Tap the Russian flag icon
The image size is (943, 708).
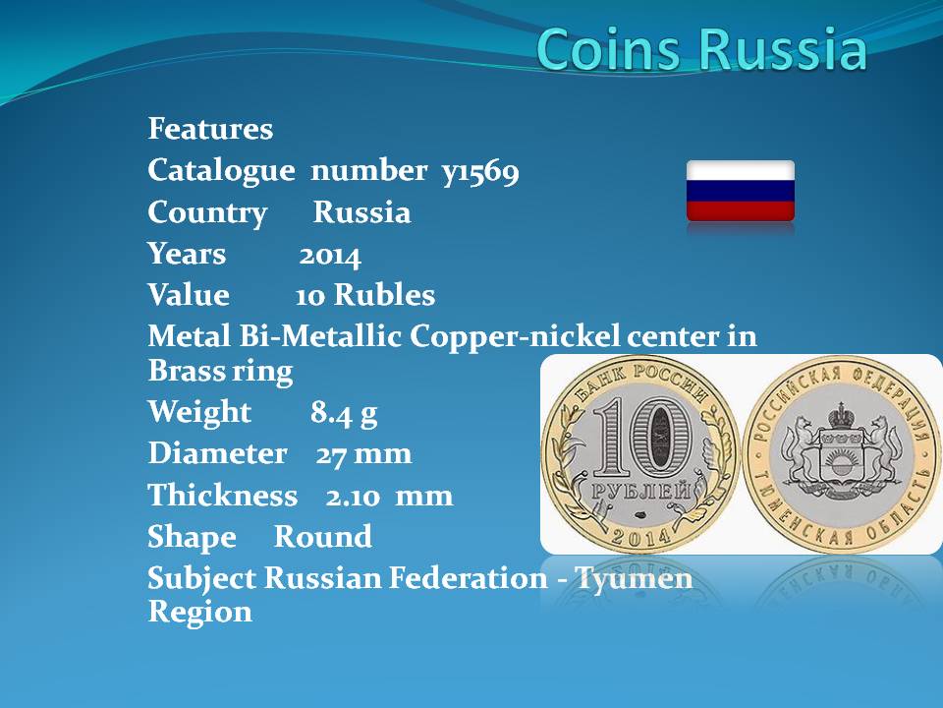click(x=741, y=191)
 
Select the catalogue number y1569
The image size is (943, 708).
click(x=480, y=171)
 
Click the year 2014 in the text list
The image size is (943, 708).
click(x=330, y=256)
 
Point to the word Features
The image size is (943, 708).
click(x=210, y=129)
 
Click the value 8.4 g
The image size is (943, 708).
click(x=344, y=414)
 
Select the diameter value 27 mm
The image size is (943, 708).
click(x=363, y=454)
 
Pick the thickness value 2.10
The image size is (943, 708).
click(x=353, y=497)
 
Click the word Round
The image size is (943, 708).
click(x=323, y=537)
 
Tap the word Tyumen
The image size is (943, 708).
click(x=634, y=579)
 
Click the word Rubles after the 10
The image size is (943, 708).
click(x=384, y=295)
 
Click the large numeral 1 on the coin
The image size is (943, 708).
click(x=611, y=437)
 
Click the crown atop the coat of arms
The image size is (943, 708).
click(x=841, y=415)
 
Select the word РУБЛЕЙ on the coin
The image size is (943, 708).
click(x=641, y=492)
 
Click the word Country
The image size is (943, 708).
click(x=207, y=213)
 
